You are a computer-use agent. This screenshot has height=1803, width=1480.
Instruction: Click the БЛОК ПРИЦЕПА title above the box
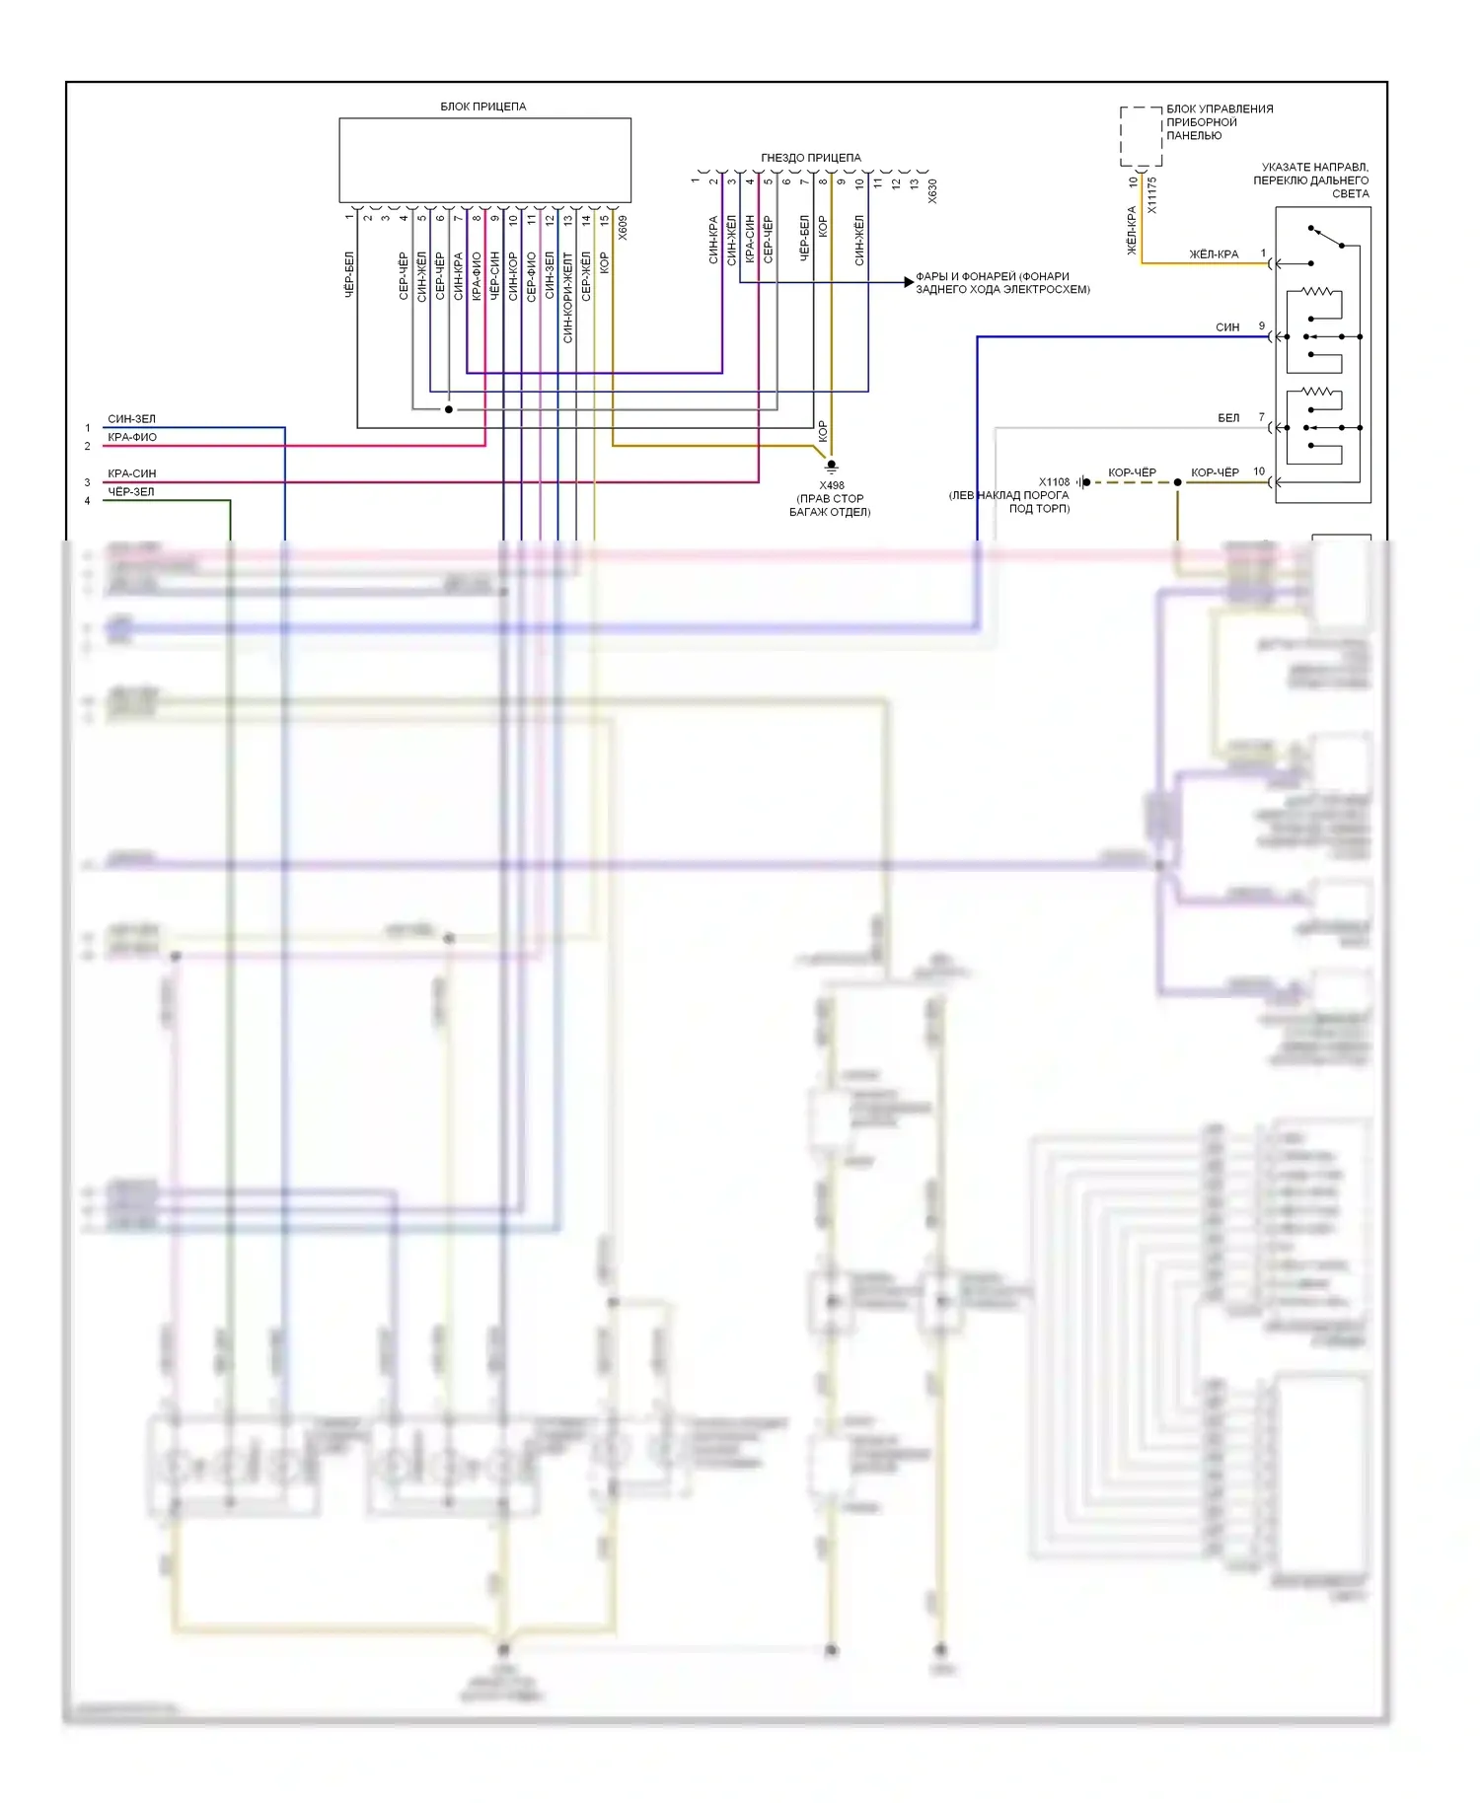[x=482, y=106]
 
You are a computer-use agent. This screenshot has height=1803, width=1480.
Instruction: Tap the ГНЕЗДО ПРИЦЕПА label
[x=810, y=157]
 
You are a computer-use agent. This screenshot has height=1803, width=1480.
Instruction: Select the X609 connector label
[x=623, y=228]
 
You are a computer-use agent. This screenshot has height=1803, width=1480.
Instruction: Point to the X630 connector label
[x=932, y=190]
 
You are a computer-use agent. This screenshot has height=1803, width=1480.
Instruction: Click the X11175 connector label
[x=1151, y=194]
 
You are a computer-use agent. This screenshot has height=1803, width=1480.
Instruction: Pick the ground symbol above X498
[x=832, y=466]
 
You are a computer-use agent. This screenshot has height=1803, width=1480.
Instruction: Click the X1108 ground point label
[x=1054, y=481]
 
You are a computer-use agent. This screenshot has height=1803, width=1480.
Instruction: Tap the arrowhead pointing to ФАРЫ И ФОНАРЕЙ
[x=909, y=282]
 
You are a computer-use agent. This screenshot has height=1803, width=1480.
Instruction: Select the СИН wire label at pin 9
[x=1227, y=326]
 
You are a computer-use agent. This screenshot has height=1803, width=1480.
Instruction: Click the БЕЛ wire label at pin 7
[x=1228, y=418]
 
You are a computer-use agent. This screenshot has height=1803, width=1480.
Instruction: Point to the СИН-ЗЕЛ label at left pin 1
[x=131, y=418]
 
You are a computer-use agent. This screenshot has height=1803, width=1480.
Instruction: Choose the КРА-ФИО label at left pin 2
[x=132, y=437]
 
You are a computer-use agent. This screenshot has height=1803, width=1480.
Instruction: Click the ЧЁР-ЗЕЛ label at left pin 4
[x=131, y=491]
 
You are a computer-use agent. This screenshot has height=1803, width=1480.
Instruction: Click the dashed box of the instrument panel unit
[x=1141, y=136]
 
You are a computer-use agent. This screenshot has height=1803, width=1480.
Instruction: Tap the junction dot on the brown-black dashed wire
[x=1177, y=482]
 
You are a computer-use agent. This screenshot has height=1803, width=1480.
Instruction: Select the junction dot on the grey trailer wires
[x=449, y=409]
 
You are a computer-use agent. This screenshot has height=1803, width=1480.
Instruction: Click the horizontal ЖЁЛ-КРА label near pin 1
[x=1214, y=253]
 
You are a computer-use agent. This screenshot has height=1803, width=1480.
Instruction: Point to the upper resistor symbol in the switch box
[x=1321, y=291]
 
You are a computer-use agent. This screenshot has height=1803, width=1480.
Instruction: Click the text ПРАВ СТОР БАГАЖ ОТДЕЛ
[x=830, y=505]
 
